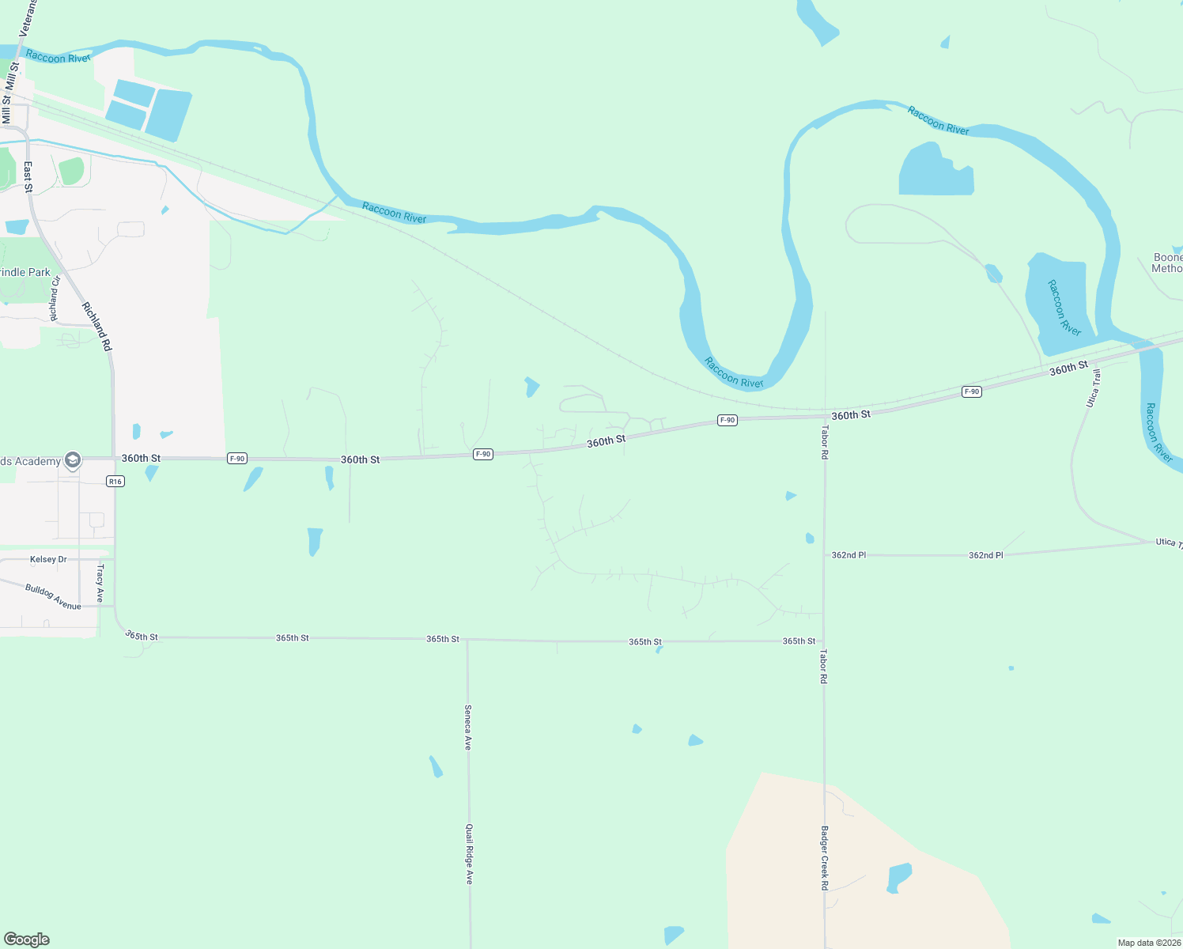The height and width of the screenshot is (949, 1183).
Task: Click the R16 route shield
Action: point(115,482)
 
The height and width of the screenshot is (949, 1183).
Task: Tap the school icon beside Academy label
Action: point(73,460)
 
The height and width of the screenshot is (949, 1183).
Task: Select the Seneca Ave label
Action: point(468,728)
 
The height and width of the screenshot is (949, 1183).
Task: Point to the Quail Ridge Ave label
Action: point(469,854)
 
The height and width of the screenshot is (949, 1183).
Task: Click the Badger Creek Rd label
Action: point(824,858)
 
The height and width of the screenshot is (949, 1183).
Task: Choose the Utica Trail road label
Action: point(1093,388)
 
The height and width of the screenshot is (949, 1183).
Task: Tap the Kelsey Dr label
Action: point(48,559)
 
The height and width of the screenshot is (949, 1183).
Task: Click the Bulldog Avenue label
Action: point(53,597)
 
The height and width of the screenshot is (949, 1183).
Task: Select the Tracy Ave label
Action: point(100,584)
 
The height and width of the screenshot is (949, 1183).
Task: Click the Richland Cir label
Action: point(55,299)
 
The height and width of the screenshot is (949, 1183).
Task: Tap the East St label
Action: point(28,177)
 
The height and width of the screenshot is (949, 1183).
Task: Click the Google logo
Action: point(27,940)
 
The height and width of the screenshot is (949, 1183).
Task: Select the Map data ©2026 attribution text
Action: point(1148,943)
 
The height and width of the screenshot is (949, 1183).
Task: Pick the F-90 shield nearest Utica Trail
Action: point(972,391)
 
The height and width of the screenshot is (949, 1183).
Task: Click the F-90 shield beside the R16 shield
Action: point(236,459)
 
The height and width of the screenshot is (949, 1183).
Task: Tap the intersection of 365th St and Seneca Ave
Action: point(467,640)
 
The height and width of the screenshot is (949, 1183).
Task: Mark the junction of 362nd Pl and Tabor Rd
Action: point(824,555)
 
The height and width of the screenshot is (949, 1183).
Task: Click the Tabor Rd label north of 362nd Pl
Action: point(824,443)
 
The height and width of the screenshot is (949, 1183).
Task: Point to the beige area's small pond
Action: point(898,878)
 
